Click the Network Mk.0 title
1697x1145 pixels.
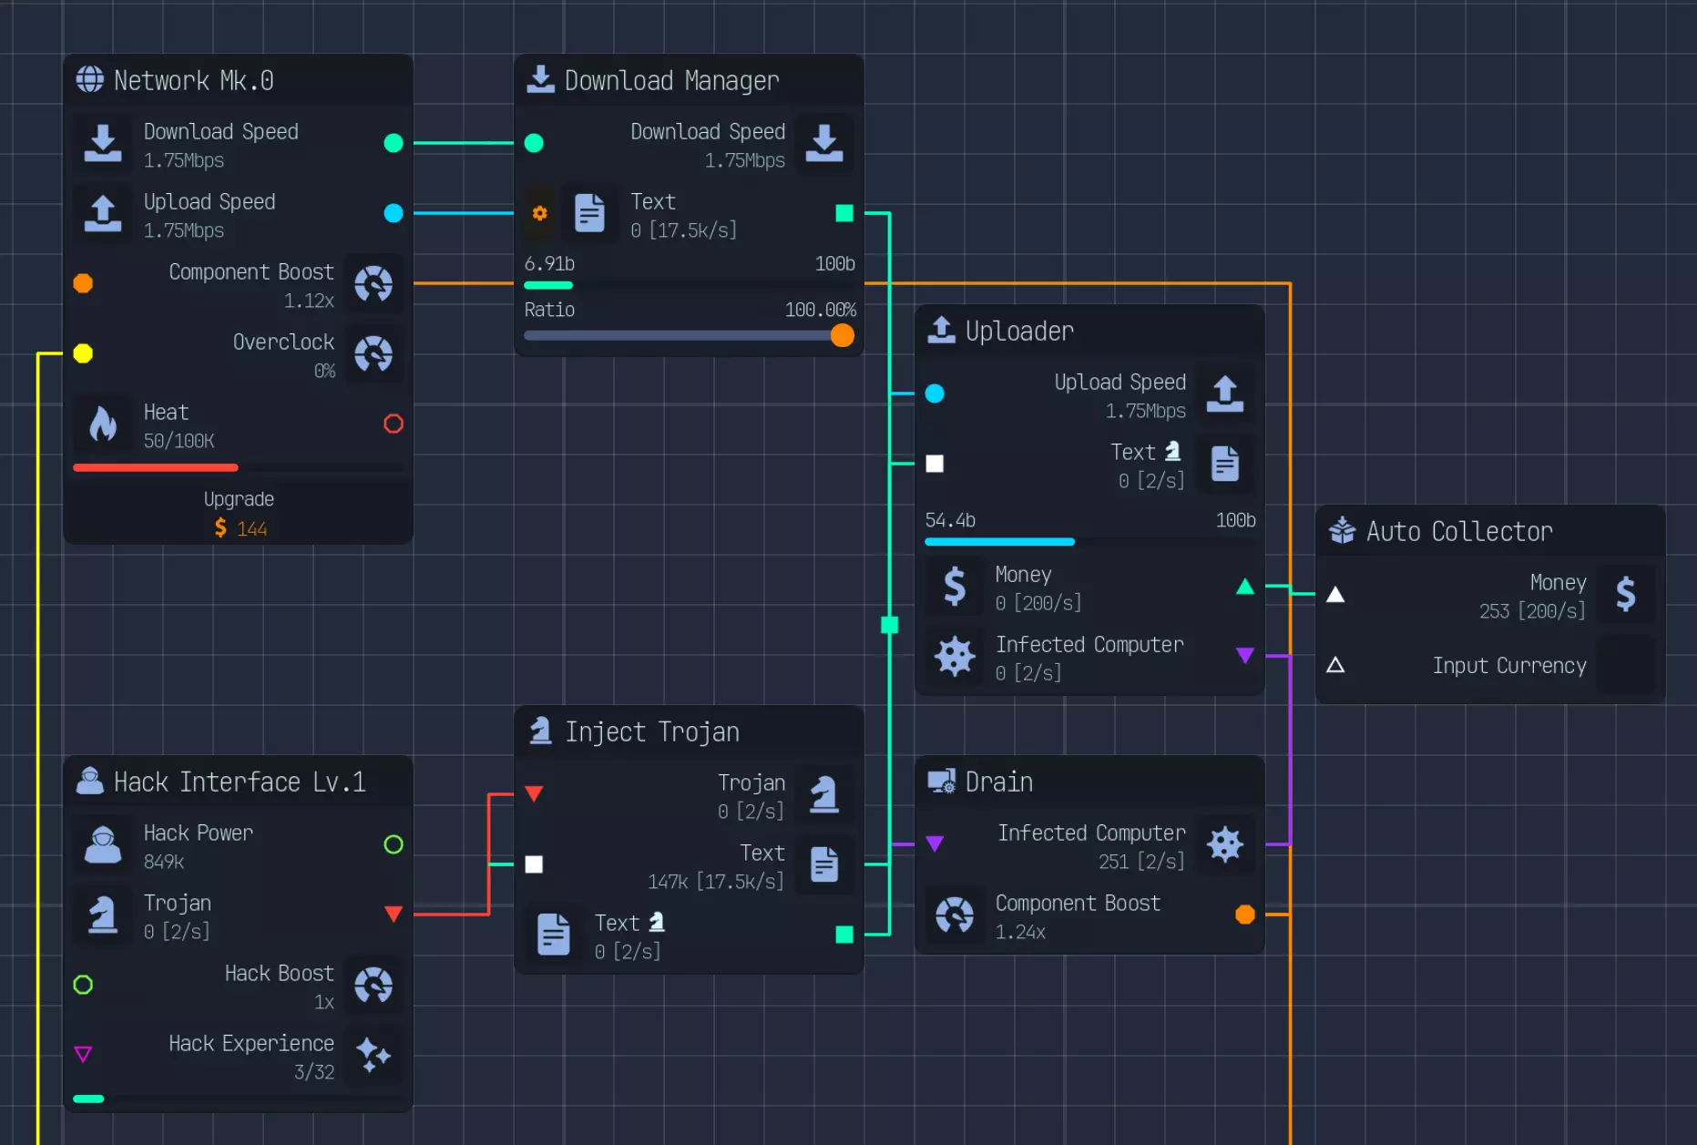(193, 80)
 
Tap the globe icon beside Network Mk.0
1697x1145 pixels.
(89, 79)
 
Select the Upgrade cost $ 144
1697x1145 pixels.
(240, 528)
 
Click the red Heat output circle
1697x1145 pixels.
(394, 424)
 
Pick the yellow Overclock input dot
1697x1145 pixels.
(83, 353)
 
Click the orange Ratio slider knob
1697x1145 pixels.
(843, 335)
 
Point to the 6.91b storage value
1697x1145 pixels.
(549, 264)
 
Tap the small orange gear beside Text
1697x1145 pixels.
(540, 213)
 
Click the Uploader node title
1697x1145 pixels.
(1018, 331)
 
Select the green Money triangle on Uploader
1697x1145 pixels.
(1245, 587)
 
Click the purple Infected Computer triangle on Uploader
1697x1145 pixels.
(1245, 655)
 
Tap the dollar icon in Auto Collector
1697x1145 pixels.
(1626, 594)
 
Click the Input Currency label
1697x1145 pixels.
(1508, 666)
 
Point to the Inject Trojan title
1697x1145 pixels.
(651, 731)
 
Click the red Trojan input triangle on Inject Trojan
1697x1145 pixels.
(535, 793)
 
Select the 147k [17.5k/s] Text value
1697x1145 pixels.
(715, 882)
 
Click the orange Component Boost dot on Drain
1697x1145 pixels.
(1245, 915)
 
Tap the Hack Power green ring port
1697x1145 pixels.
(394, 844)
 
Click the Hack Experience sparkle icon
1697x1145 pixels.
(373, 1055)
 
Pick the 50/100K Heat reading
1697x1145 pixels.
(179, 441)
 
